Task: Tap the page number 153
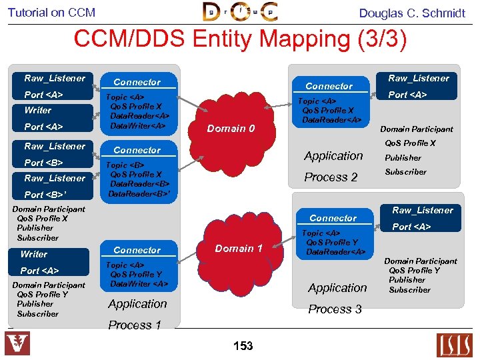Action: [x=243, y=345]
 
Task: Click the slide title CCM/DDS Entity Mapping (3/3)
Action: [x=240, y=39]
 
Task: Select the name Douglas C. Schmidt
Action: [x=412, y=13]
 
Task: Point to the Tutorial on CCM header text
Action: [x=52, y=13]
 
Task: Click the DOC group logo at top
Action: [x=240, y=11]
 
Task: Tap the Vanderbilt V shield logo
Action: [x=17, y=344]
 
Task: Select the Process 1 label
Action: [x=135, y=325]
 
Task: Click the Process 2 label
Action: [x=331, y=177]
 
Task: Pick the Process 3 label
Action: [x=335, y=309]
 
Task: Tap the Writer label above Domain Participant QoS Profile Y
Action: [x=34, y=254]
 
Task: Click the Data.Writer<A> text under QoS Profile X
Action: [x=137, y=125]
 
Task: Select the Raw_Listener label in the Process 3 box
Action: [x=422, y=210]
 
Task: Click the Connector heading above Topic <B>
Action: [x=137, y=150]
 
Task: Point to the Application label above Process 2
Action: [x=333, y=156]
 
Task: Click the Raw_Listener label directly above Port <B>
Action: [x=55, y=146]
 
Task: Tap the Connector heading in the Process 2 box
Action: [x=329, y=86]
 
